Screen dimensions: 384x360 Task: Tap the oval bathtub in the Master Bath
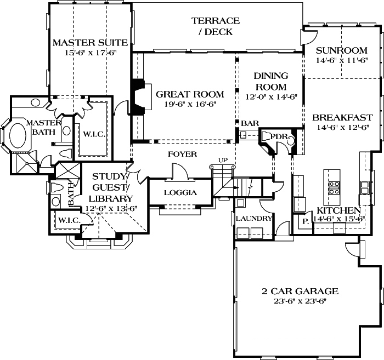tap(18, 136)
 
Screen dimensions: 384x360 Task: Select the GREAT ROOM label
tap(190, 94)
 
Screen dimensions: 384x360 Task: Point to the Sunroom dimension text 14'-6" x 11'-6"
tap(342, 60)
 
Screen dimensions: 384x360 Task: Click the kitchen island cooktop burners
tap(334, 188)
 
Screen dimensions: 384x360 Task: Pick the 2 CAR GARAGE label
tap(300, 292)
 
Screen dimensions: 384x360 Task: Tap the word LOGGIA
tap(180, 193)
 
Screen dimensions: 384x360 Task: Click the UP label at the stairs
tap(223, 160)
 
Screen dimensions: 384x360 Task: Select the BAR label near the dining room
tap(250, 123)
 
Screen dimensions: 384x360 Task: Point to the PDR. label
tap(279, 136)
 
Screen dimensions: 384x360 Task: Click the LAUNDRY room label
tap(254, 218)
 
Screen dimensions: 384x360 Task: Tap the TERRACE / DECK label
tap(216, 26)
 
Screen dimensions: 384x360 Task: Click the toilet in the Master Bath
tap(65, 153)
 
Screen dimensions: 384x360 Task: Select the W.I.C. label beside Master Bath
tap(94, 134)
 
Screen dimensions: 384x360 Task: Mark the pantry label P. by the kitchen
tap(306, 221)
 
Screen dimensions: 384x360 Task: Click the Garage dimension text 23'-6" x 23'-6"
tap(300, 301)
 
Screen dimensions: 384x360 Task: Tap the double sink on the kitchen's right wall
tap(364, 187)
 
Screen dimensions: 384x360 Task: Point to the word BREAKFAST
tap(342, 118)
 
